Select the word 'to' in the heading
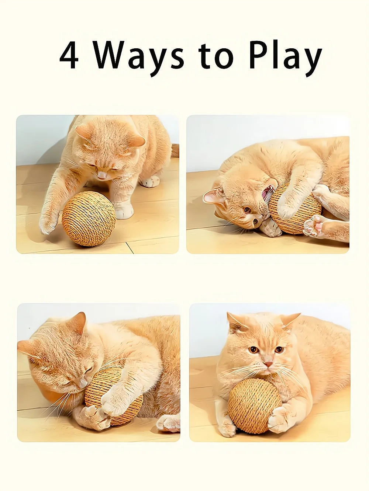pos(216,56)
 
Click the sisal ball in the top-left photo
pos(89,218)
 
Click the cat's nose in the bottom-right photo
pos(268,364)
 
